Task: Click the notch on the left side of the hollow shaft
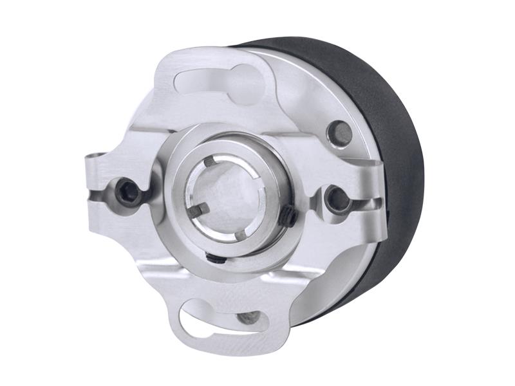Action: click(x=196, y=208)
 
